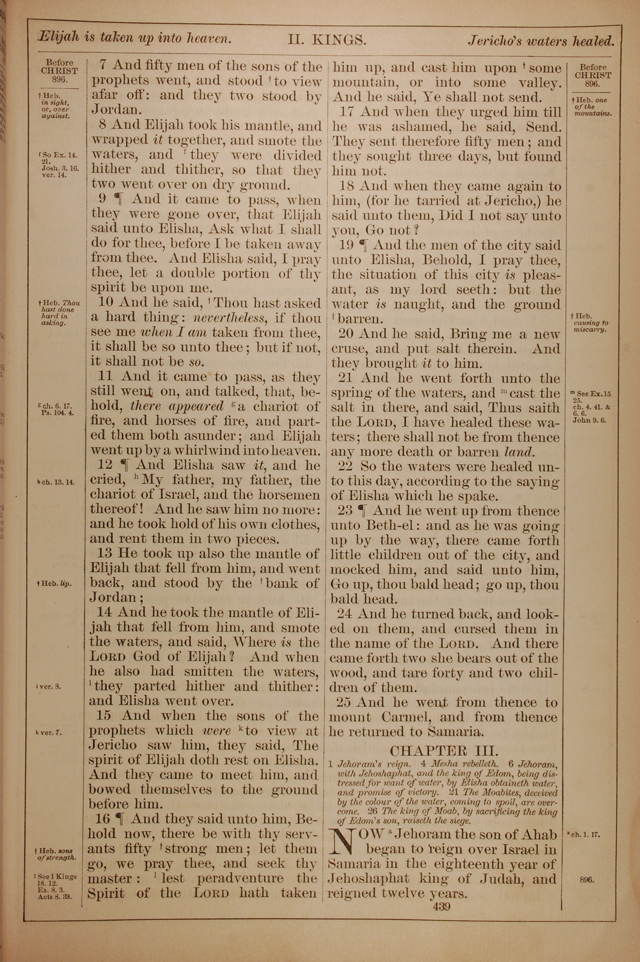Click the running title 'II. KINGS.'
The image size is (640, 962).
(327, 40)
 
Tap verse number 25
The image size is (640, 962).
(344, 702)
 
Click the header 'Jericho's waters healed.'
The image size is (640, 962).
(541, 41)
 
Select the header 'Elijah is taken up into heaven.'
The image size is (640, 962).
(135, 38)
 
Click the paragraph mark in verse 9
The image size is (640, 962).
(118, 200)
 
